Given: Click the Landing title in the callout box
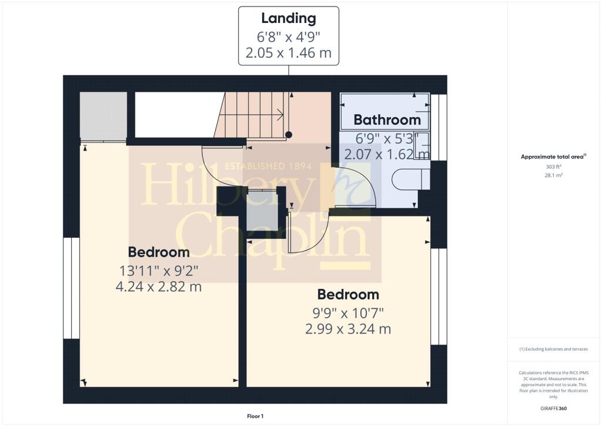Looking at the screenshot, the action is pyautogui.click(x=289, y=18).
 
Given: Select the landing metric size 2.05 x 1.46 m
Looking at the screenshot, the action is pyautogui.click(x=289, y=52).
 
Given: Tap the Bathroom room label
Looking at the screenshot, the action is pyautogui.click(x=387, y=120).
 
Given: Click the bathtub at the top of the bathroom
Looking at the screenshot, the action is pyautogui.click(x=384, y=111).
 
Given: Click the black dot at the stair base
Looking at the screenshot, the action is pyautogui.click(x=289, y=135).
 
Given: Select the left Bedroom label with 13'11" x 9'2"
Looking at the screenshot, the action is pyautogui.click(x=159, y=252).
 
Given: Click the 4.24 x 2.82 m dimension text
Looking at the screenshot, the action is pyautogui.click(x=159, y=287).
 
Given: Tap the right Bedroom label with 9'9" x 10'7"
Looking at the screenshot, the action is pyautogui.click(x=348, y=295).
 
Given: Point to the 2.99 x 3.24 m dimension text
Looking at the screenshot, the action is pyautogui.click(x=348, y=329).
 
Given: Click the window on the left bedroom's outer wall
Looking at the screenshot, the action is pyautogui.click(x=71, y=288).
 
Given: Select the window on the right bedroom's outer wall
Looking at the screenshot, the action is pyautogui.click(x=439, y=297).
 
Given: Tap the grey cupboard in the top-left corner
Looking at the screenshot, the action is pyautogui.click(x=103, y=117).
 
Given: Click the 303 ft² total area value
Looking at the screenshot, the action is pyautogui.click(x=553, y=167).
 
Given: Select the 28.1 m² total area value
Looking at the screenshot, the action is pyautogui.click(x=554, y=175).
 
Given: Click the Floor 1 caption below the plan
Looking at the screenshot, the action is pyautogui.click(x=255, y=417).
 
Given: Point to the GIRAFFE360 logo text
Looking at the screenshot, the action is pyautogui.click(x=553, y=408).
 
